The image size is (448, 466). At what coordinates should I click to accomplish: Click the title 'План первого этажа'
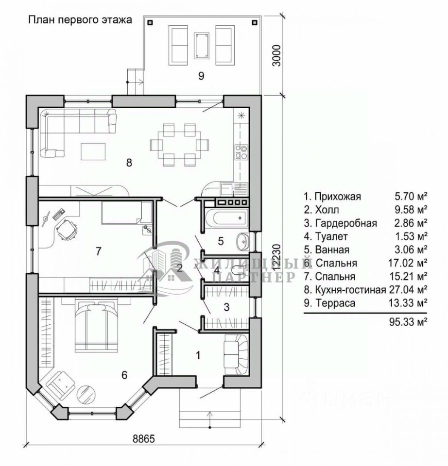tap(80, 20)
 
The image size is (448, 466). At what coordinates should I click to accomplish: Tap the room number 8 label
tap(129, 163)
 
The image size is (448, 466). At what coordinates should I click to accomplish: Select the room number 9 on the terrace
tap(201, 76)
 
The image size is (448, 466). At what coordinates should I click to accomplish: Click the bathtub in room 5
tap(230, 218)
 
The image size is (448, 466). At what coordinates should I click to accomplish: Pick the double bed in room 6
tap(96, 325)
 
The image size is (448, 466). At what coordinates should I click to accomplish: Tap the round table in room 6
tap(86, 394)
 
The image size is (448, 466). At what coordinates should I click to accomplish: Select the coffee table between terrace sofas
tap(201, 46)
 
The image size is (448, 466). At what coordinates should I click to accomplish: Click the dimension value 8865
tap(144, 439)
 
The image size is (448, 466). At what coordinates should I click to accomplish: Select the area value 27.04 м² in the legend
tap(408, 289)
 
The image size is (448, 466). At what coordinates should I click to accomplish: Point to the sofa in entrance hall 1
tap(236, 354)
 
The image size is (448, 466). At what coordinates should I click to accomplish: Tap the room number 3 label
tap(227, 307)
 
